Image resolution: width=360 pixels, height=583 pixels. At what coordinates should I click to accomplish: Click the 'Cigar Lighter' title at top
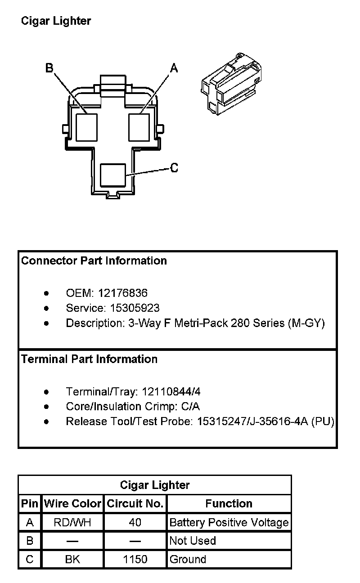click(x=56, y=21)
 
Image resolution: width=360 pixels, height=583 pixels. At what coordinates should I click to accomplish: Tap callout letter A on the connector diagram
click(x=174, y=68)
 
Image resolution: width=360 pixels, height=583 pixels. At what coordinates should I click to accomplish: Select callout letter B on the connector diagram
click(x=49, y=68)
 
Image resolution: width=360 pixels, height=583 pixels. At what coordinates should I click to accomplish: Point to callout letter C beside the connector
click(x=174, y=168)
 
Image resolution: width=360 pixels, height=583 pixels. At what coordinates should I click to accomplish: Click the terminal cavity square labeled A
click(x=139, y=127)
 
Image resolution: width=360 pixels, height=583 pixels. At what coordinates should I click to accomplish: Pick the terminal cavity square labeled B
click(x=86, y=127)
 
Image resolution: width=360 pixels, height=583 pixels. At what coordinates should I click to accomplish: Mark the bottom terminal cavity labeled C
click(x=112, y=175)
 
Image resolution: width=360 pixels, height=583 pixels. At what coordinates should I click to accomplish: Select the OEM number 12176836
click(x=122, y=293)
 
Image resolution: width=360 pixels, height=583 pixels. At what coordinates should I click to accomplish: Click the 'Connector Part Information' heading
click(x=94, y=261)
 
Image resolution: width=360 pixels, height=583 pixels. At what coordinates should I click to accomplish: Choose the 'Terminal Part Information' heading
click(x=90, y=359)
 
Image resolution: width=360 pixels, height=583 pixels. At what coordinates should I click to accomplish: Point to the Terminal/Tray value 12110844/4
click(x=168, y=391)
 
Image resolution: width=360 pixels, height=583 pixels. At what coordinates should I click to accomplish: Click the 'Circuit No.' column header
click(x=135, y=504)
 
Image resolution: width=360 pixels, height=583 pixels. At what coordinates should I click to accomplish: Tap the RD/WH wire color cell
click(x=72, y=522)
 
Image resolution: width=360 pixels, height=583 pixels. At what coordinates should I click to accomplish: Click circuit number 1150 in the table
click(x=135, y=559)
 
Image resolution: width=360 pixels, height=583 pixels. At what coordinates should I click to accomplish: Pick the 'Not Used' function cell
click(x=193, y=541)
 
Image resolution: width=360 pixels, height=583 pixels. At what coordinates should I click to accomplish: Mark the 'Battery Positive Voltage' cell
click(x=229, y=522)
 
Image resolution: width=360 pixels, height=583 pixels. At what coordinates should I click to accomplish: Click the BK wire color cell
click(x=72, y=559)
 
